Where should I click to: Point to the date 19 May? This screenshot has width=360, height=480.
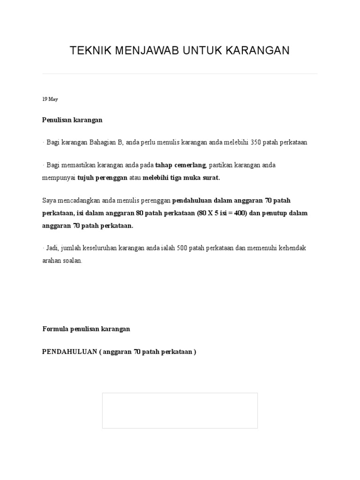click(x=50, y=99)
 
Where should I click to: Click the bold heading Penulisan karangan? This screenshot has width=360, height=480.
click(x=72, y=120)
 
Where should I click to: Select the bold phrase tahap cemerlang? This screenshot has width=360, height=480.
click(x=180, y=165)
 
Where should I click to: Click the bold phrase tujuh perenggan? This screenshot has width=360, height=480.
click(x=102, y=178)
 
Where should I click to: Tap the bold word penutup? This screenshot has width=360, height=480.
click(x=273, y=213)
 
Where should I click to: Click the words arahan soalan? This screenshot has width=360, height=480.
click(x=62, y=261)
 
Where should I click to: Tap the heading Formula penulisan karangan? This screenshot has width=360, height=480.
click(x=86, y=329)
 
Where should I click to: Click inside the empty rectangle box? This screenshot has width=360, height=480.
click(x=180, y=411)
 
